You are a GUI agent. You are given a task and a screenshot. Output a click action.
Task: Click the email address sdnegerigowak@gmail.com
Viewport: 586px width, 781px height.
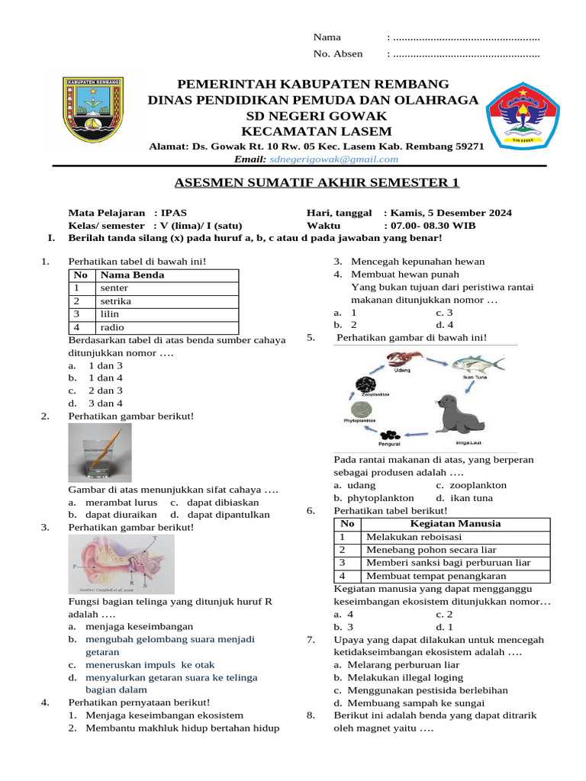point(333,159)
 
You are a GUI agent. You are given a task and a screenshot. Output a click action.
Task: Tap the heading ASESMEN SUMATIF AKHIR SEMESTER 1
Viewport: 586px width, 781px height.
point(317,183)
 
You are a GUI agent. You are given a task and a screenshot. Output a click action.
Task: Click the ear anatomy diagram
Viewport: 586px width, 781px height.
point(121,564)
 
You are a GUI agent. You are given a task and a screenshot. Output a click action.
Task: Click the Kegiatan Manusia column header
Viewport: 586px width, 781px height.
point(456,524)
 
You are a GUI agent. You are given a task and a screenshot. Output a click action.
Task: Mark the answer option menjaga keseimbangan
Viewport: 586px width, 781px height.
point(124,626)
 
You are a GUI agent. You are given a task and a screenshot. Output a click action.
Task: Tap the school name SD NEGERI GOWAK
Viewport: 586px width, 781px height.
point(316,116)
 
